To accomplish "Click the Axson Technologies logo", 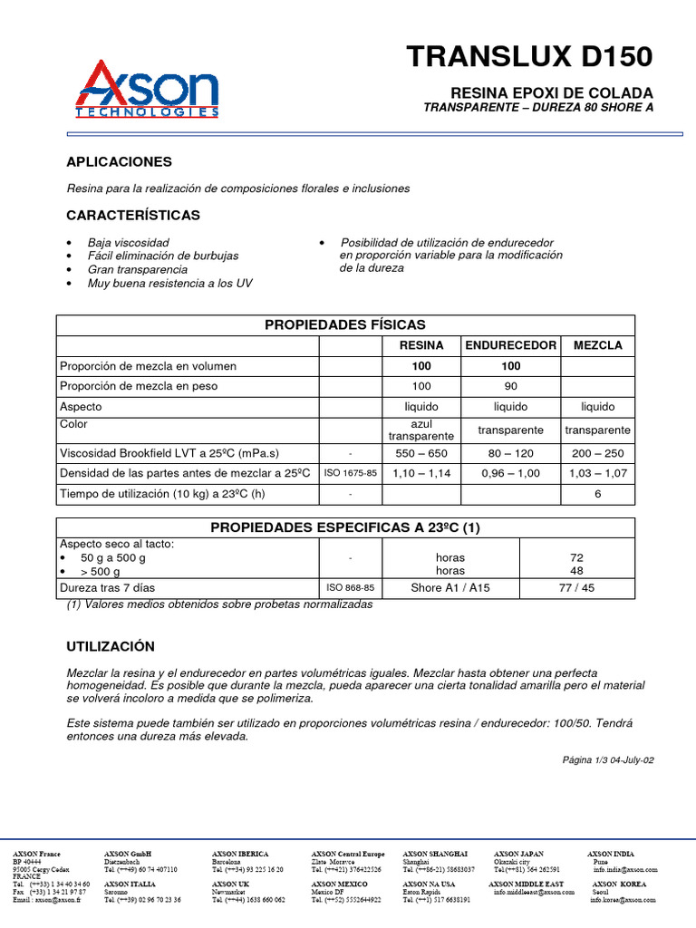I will click(x=147, y=90).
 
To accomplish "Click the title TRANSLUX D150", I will click(x=529, y=57).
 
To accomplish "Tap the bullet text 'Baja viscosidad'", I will click(x=128, y=243).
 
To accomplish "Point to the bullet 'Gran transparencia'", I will click(x=137, y=269).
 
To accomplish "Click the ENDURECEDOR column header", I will click(x=511, y=345).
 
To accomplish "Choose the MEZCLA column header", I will click(x=597, y=345).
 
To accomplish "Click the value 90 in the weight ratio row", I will click(x=511, y=386).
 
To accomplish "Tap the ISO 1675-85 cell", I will click(x=350, y=473).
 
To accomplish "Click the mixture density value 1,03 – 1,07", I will click(x=597, y=473).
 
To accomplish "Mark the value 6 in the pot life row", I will click(x=597, y=494).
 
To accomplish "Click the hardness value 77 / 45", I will click(x=576, y=588).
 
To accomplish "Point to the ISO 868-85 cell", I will click(x=350, y=588).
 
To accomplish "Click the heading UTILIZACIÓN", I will click(x=111, y=646).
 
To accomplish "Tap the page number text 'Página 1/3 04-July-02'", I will click(x=608, y=759).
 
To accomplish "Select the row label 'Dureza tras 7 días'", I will click(x=108, y=588).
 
